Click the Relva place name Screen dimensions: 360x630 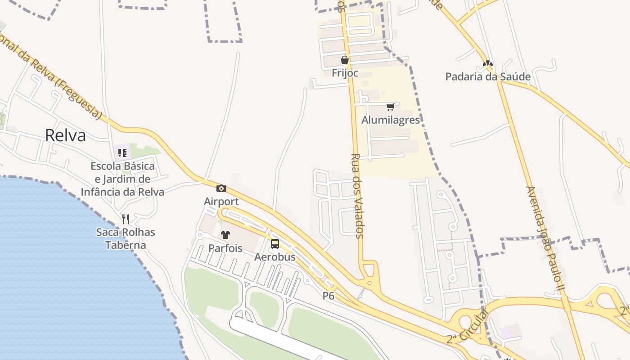65,135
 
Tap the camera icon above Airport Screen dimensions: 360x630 221,188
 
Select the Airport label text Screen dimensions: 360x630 221,201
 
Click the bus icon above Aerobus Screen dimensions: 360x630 275,244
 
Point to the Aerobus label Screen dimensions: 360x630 275,257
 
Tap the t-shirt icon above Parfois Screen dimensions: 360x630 225,235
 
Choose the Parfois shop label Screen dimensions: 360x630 225,248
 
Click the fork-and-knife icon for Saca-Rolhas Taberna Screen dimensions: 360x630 126,219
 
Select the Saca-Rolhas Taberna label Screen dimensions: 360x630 126,238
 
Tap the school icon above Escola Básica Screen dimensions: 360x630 122,153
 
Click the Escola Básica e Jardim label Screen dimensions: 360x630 122,179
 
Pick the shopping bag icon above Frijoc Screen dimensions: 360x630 345,60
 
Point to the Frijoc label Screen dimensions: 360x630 345,73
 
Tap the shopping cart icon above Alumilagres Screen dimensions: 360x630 391,107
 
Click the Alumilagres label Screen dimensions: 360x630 391,120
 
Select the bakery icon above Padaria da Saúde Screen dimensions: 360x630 488,63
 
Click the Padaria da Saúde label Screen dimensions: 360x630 488,76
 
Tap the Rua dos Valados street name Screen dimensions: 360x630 356,196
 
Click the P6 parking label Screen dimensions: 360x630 328,296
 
